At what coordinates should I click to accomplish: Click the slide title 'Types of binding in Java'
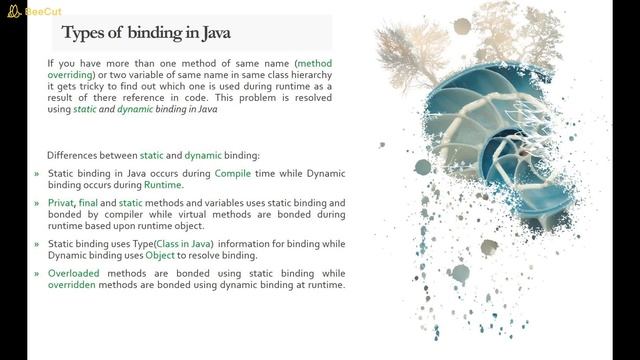(146, 33)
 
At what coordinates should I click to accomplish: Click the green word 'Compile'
(236, 173)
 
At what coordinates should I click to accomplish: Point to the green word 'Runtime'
(162, 185)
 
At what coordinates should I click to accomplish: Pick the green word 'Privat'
(63, 202)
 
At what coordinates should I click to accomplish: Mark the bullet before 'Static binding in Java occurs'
(37, 173)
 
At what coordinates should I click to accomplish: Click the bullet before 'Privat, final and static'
(37, 202)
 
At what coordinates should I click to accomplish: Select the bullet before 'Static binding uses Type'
(37, 243)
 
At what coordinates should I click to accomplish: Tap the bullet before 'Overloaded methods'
(37, 272)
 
